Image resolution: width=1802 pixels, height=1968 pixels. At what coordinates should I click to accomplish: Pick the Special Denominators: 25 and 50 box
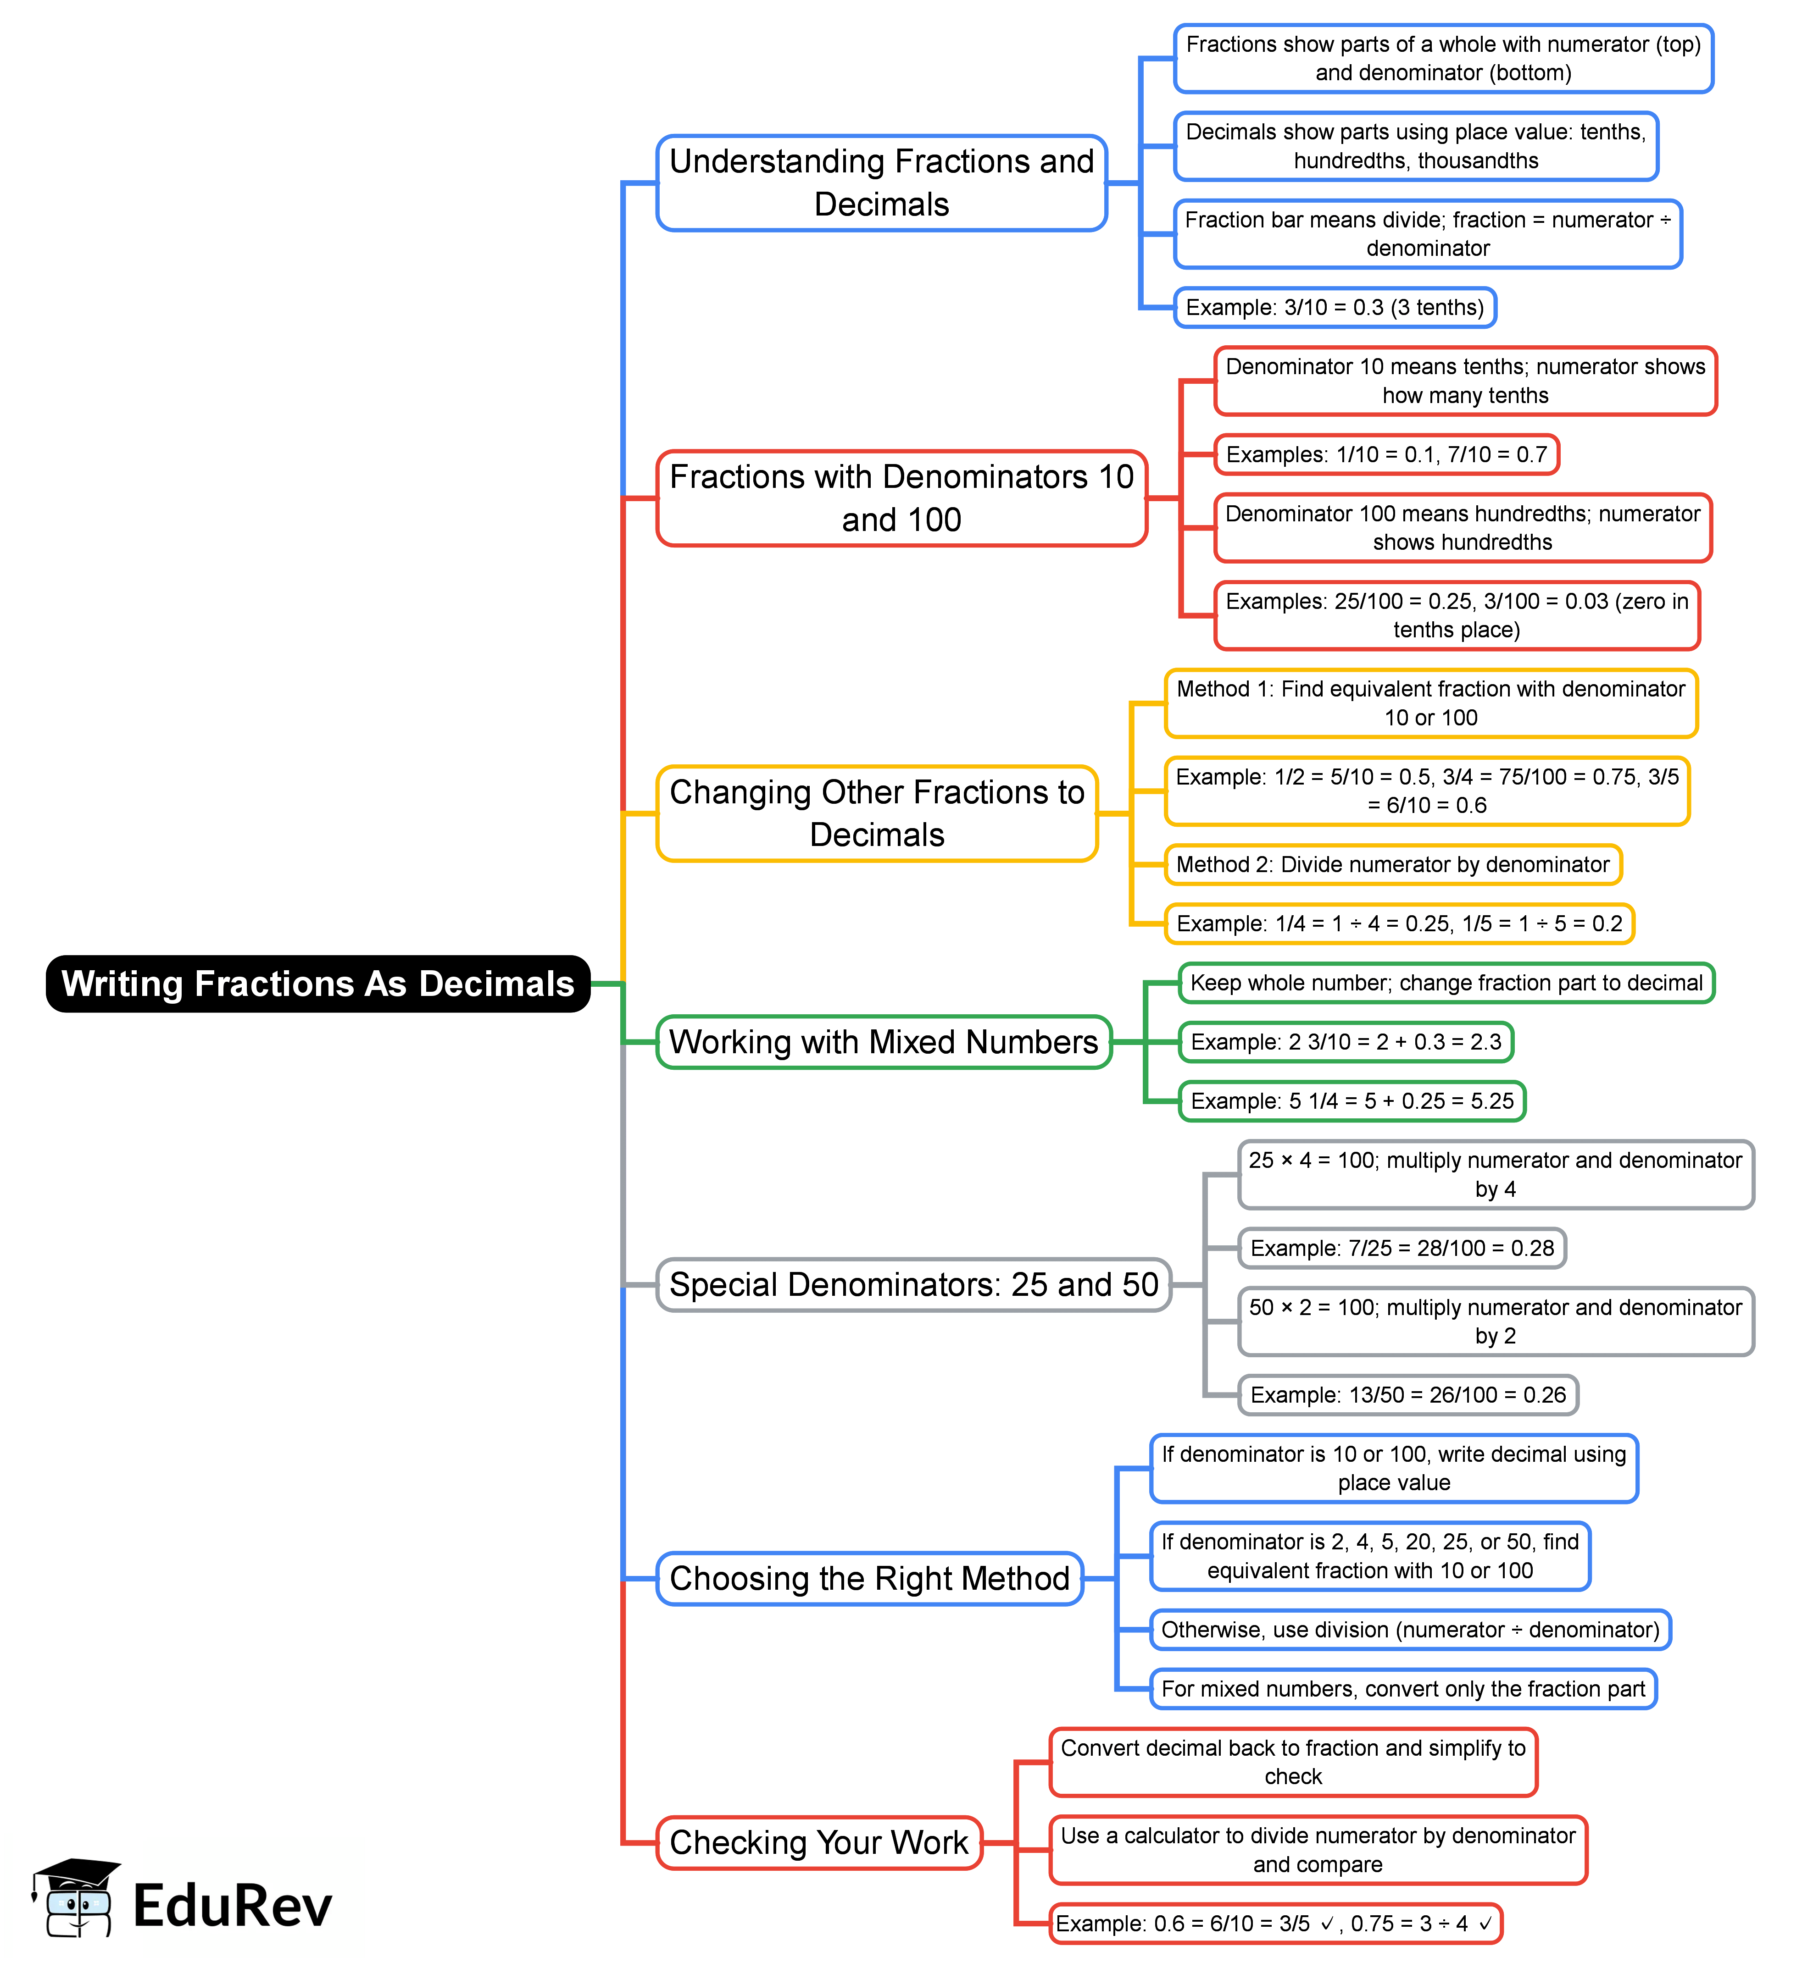click(913, 1285)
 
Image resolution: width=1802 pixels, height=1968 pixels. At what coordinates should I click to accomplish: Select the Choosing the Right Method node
click(869, 1579)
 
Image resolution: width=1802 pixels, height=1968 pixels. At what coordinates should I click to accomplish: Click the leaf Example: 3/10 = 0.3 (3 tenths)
click(1334, 308)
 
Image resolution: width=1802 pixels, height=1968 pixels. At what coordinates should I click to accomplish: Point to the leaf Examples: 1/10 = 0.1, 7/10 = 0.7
click(1386, 455)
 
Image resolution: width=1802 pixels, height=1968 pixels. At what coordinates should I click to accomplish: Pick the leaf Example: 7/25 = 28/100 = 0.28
click(1402, 1249)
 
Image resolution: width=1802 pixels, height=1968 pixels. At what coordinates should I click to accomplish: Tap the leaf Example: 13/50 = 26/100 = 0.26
click(1407, 1395)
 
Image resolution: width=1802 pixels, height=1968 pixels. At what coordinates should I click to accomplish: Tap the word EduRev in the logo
click(233, 1906)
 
